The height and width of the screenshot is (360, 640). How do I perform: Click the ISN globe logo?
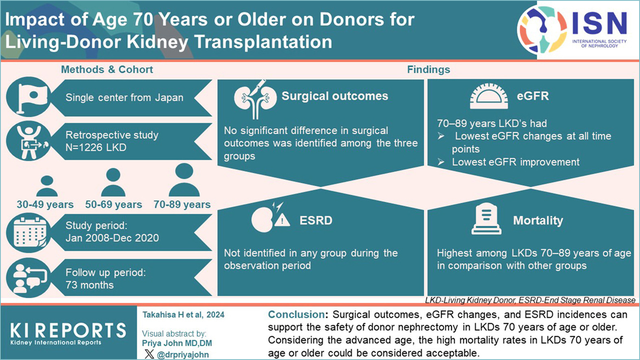pyautogui.click(x=542, y=30)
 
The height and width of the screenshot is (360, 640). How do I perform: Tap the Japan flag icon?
pyautogui.click(x=28, y=97)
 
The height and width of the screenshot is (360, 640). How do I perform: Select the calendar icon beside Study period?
pyautogui.click(x=28, y=233)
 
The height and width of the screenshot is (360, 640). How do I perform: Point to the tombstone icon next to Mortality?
pyautogui.click(x=486, y=219)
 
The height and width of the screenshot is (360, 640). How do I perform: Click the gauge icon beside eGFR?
pyautogui.click(x=489, y=96)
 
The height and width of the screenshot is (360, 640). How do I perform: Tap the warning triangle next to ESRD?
pyautogui.click(x=282, y=220)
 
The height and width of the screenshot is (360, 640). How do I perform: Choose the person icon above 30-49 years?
pyautogui.click(x=47, y=186)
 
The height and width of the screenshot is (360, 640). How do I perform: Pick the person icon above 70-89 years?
pyautogui.click(x=184, y=180)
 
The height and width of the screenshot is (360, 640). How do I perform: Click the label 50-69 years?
pyautogui.click(x=113, y=204)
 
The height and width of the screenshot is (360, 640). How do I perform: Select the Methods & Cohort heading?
pyautogui.click(x=107, y=69)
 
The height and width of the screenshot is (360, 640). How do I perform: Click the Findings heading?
pyautogui.click(x=429, y=69)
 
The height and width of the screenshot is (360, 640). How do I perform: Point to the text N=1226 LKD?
pyautogui.click(x=96, y=147)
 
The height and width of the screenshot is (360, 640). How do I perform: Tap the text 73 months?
pyautogui.click(x=89, y=285)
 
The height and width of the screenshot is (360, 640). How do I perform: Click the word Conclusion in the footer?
pyautogui.click(x=296, y=314)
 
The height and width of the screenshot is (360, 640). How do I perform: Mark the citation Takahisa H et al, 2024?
pyautogui.click(x=183, y=315)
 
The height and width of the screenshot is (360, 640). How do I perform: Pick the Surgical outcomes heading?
pyautogui.click(x=335, y=96)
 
